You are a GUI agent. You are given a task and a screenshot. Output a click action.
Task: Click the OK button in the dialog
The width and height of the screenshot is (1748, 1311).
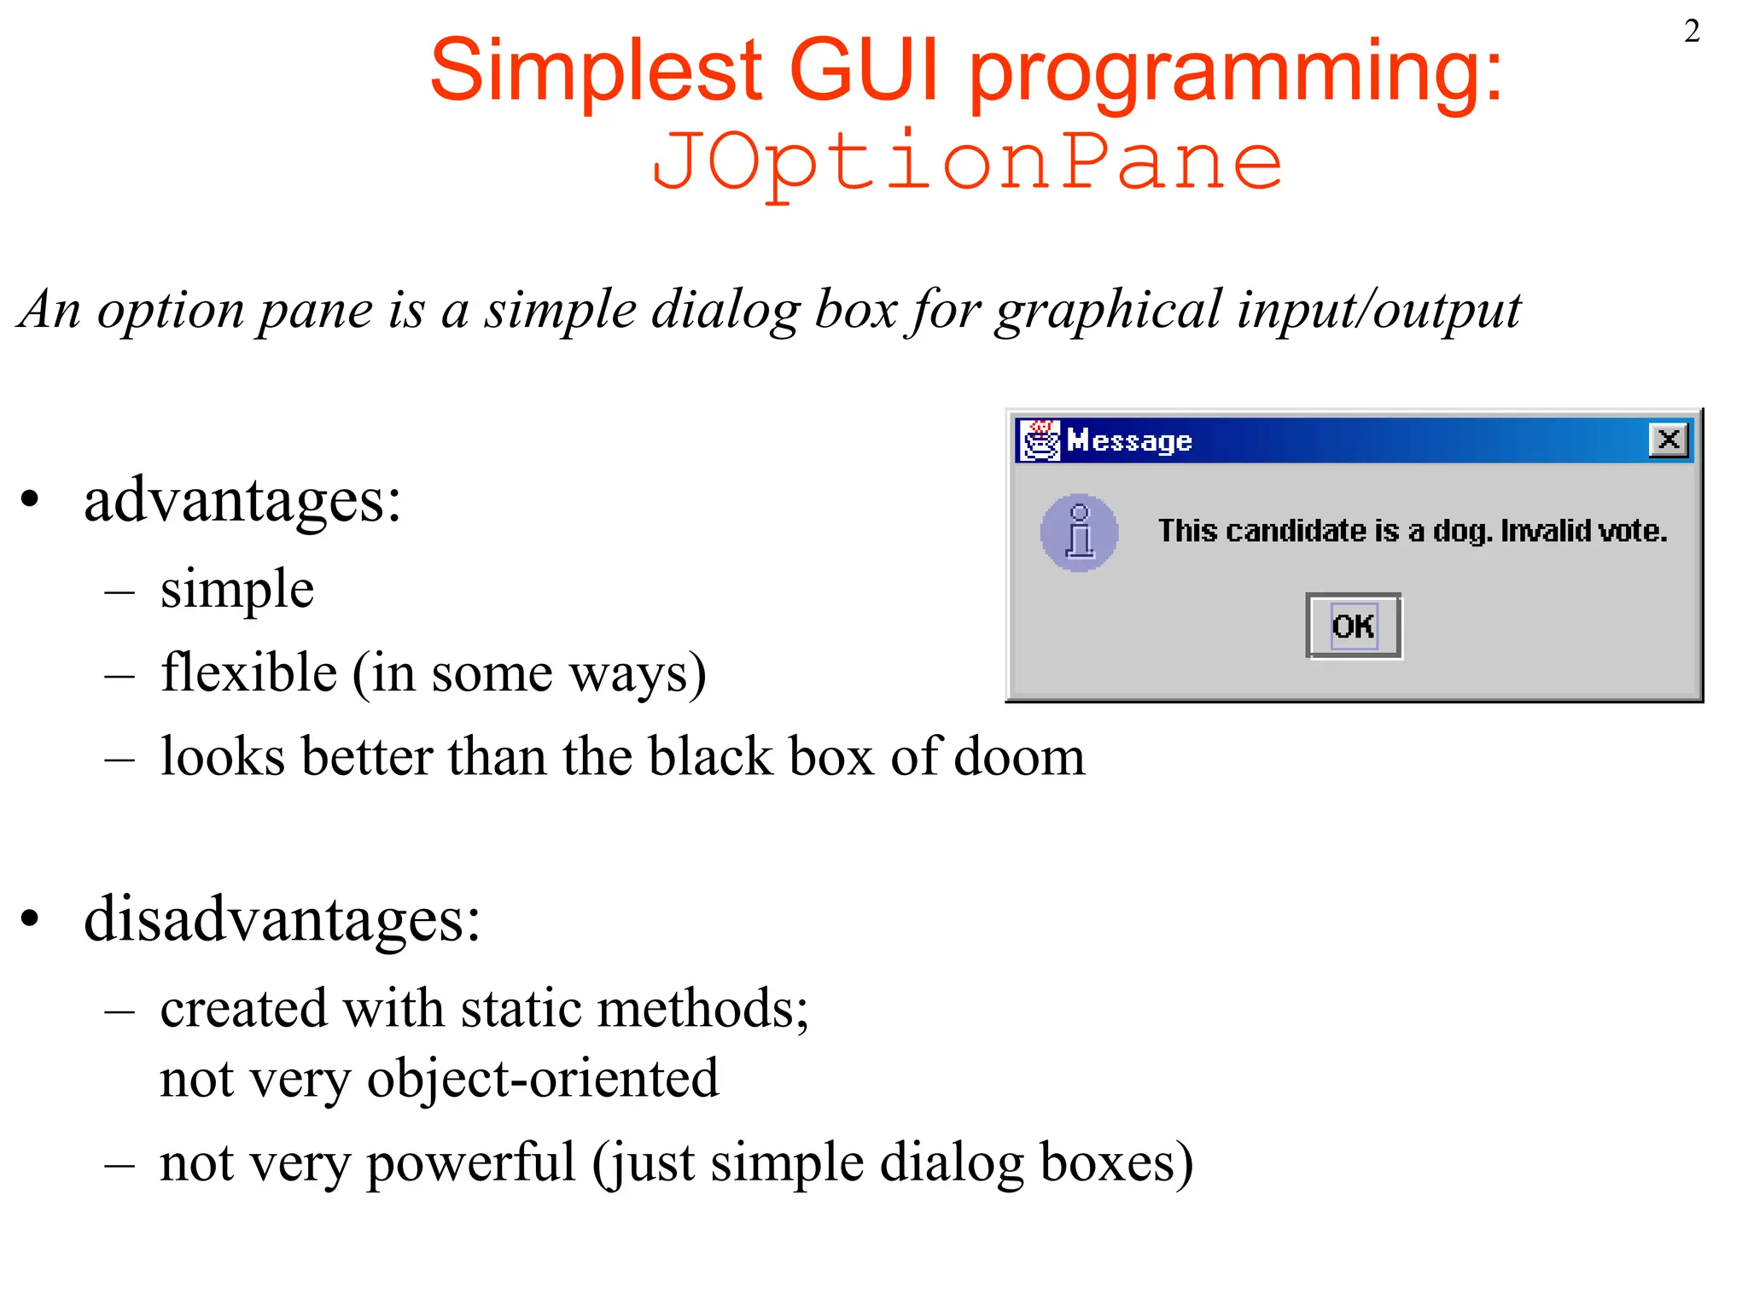1354,626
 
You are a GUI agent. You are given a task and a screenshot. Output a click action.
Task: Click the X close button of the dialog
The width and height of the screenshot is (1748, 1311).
1668,440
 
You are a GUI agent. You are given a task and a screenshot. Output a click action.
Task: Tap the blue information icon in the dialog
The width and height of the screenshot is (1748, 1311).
1079,533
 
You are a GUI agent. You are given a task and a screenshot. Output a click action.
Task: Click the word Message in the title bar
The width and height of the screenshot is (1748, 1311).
1129,441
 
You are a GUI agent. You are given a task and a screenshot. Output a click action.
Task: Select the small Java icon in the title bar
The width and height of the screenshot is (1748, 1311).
1040,440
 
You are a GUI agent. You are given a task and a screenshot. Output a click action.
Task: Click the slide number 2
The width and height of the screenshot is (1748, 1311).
1692,32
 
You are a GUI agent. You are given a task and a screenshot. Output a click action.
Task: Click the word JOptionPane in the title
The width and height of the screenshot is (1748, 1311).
966,162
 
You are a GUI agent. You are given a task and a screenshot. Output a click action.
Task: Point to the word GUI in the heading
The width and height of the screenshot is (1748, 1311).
864,70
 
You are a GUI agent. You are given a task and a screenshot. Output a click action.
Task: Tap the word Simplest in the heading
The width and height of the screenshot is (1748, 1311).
596,70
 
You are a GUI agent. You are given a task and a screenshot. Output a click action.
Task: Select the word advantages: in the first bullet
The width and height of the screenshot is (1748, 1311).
242,500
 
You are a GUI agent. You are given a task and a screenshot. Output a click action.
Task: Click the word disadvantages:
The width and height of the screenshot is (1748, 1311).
282,920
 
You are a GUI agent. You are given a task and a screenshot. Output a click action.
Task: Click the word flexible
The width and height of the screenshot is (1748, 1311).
248,673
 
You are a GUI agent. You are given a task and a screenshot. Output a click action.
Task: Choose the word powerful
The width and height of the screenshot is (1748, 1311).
471,1162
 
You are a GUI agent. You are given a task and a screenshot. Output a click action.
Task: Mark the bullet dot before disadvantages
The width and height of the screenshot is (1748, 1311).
31,919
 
